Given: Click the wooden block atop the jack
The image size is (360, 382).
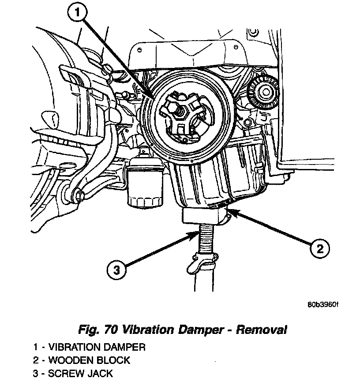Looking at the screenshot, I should pos(204,216).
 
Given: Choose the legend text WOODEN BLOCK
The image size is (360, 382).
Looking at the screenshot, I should pos(89,360).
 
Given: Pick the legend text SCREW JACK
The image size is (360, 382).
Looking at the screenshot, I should pos(80,374).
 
